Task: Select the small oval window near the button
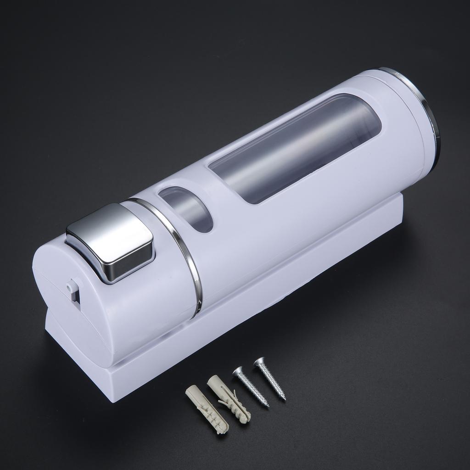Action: (x=186, y=209)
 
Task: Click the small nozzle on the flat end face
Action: (x=70, y=286)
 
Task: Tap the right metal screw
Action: (x=270, y=379)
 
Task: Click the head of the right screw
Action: (x=259, y=362)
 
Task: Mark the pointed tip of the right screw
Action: (x=285, y=399)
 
